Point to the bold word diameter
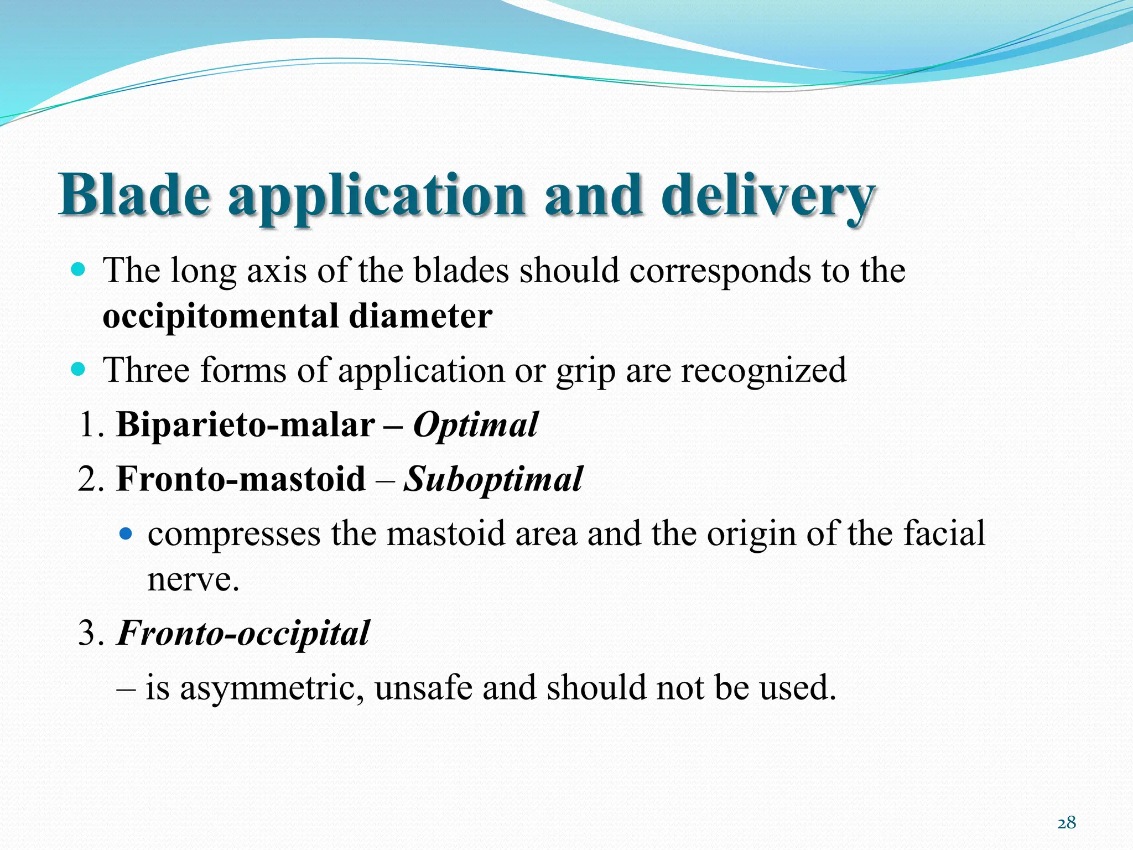[420, 315]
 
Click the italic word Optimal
[475, 425]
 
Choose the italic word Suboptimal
[492, 479]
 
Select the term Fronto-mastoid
[241, 479]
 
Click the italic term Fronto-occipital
[243, 633]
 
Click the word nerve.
[193, 580]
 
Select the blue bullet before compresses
[127, 534]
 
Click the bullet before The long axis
[79, 270]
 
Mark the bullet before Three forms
[79, 369]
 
